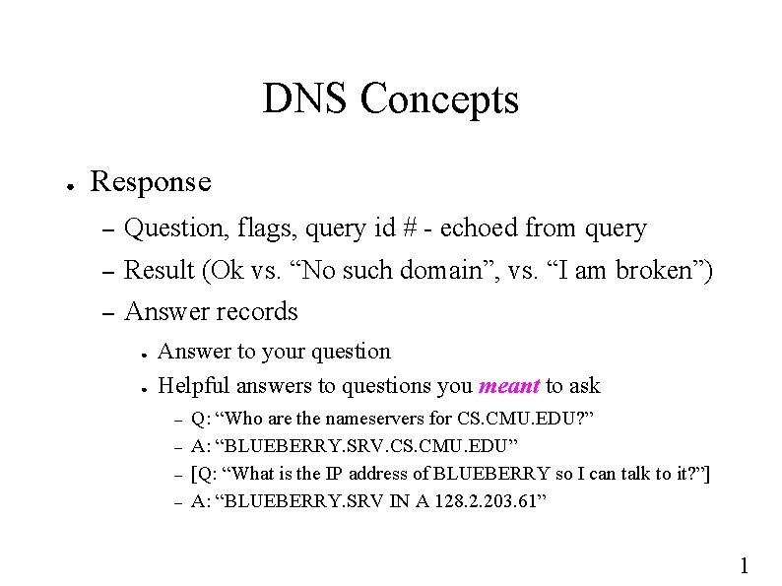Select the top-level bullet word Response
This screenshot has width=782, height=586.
(x=150, y=182)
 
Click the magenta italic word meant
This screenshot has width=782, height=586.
(x=508, y=385)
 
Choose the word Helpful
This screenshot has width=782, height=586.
(x=194, y=385)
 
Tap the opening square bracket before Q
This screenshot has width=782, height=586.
(x=193, y=474)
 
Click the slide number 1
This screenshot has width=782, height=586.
(x=745, y=564)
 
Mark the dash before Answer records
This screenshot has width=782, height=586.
(x=109, y=313)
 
